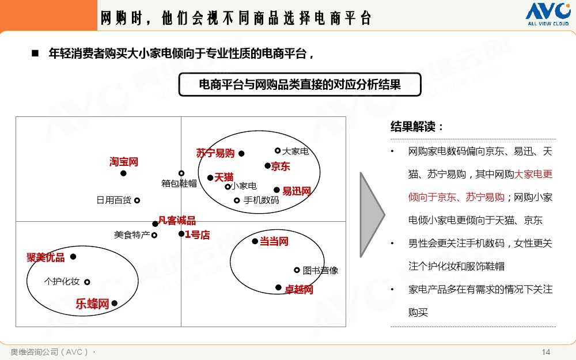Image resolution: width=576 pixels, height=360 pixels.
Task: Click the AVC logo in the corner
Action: coord(548,14)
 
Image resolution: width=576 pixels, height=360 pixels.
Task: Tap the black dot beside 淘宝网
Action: coord(123,173)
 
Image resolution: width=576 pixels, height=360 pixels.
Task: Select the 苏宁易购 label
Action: coord(215,153)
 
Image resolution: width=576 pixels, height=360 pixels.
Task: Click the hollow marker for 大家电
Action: coord(278,150)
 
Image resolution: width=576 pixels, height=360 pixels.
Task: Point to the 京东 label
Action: coord(281,166)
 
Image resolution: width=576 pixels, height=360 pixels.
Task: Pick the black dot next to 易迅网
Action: coord(276,190)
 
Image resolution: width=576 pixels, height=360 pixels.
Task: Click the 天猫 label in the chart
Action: coord(224,177)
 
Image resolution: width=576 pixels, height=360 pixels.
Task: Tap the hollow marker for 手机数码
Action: coord(237,200)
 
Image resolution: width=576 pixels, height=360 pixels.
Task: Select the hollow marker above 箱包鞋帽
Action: coord(181,173)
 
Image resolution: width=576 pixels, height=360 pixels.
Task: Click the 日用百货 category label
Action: coord(114,200)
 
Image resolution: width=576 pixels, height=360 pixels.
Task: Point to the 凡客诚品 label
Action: coord(177,221)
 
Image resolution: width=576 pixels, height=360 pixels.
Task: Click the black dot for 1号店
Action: coord(181,234)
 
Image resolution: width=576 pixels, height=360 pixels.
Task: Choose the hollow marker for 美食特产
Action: coord(154,235)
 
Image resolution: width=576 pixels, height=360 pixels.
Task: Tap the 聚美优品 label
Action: coord(46,257)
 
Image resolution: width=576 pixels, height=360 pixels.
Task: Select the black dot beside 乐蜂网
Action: coord(115,303)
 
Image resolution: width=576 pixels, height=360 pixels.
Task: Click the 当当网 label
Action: coord(274,241)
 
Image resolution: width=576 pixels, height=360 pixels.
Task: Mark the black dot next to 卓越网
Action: coord(278,287)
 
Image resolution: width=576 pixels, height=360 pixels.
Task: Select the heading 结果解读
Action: coord(417,126)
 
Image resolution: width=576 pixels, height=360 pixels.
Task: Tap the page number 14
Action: coord(546,352)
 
